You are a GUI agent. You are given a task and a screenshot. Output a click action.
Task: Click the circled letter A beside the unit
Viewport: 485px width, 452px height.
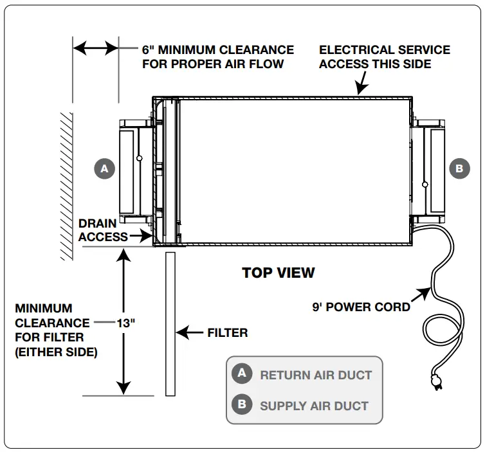point(104,169)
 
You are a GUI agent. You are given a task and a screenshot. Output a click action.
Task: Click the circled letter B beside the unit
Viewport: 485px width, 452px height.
point(459,169)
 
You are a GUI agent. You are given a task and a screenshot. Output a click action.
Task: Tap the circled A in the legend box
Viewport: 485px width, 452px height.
point(242,374)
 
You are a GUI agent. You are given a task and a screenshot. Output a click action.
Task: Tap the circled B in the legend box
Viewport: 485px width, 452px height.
point(242,405)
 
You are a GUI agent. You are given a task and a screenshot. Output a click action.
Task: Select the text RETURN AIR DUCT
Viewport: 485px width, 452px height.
point(316,375)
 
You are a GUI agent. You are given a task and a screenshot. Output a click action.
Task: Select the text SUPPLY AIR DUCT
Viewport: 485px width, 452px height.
point(314,406)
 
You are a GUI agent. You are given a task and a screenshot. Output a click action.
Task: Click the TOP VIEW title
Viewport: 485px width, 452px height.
point(279,273)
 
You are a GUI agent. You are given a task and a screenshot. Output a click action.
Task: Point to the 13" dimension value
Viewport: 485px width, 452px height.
point(126,323)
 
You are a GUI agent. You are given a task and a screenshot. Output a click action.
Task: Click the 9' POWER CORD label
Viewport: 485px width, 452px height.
point(361,307)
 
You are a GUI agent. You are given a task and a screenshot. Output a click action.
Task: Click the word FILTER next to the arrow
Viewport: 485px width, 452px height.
point(227,333)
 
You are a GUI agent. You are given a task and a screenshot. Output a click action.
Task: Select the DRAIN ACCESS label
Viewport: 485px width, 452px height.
point(98,230)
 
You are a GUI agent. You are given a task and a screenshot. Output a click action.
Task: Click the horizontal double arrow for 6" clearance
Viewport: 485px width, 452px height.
point(95,48)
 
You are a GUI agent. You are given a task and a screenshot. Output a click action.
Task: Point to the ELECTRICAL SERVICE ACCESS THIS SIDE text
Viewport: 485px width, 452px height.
point(385,57)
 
